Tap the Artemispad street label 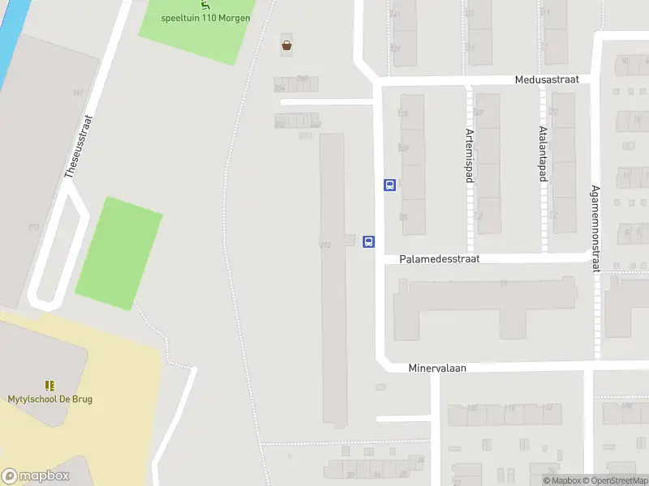pos(469,156)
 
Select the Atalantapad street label pos(542,156)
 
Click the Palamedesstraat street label pos(440,259)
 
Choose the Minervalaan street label pos(437,367)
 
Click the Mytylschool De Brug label pos(49,399)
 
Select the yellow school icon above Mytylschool pos(49,386)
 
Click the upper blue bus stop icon pos(389,185)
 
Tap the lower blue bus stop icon pos(368,241)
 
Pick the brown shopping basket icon pos(286,45)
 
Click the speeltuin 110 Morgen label pos(206,18)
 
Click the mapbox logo pos(36,476)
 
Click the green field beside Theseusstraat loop pos(118,254)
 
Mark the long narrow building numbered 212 pos(333,275)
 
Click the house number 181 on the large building pos(78,93)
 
